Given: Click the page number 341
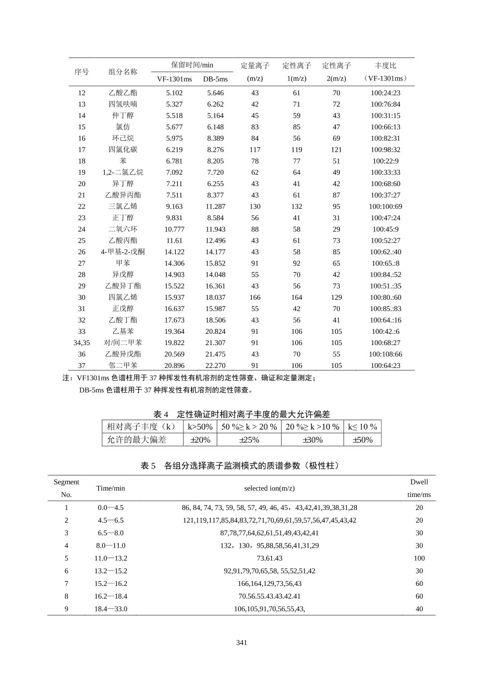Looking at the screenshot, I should pos(241,643).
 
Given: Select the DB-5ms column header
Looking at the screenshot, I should pos(215,79).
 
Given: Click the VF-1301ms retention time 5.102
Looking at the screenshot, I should pos(174,93).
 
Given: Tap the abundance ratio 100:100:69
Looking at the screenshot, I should pos(385,207).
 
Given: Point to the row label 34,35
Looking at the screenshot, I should pos(81,343).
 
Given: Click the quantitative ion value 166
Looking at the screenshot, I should pos(255,297).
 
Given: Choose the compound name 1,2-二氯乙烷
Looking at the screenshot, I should pos(123,173).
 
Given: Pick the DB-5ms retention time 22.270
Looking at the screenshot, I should pos(215,366).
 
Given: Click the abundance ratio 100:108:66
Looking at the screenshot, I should pos(385,354).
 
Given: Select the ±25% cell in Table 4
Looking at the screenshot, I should pos(249,440).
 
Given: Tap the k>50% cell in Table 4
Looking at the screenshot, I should pos(200,427).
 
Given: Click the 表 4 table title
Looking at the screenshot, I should pos(241,414).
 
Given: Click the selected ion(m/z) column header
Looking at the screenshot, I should pos(269,488).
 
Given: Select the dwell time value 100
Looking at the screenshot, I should pos(419,559).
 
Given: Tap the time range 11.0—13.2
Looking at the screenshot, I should pos(111,559).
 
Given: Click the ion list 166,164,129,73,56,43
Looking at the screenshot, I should pos(269,584).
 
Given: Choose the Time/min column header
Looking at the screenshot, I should pos(111,488).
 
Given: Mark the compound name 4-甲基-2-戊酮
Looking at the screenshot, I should pos(123,252).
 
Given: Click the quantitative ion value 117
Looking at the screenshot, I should pos(255,150).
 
